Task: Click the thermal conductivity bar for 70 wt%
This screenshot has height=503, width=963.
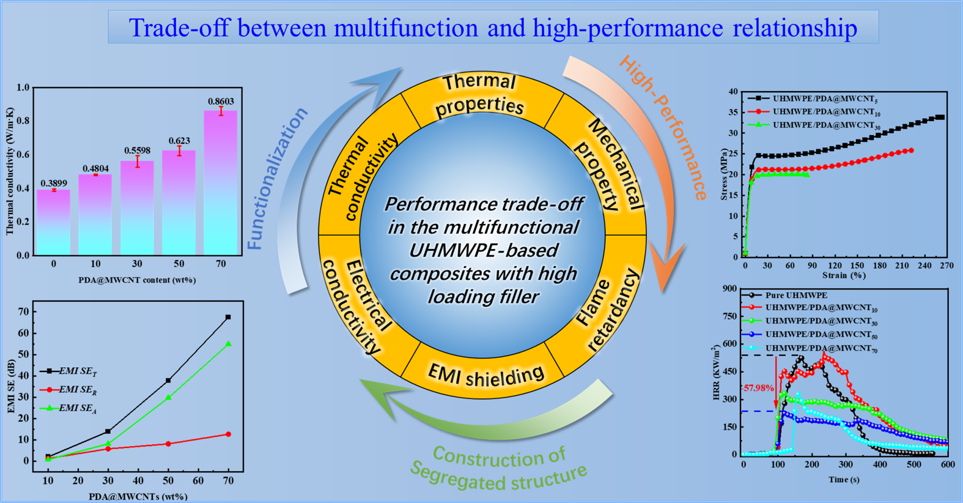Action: click(x=220, y=182)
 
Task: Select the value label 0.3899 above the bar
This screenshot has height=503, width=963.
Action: click(x=54, y=184)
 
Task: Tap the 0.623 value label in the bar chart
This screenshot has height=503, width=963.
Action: click(x=179, y=141)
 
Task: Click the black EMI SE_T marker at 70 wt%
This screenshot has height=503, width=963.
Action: click(x=228, y=317)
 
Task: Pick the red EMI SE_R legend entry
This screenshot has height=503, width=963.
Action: click(x=68, y=390)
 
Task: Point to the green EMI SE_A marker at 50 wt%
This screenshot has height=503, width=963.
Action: click(x=168, y=398)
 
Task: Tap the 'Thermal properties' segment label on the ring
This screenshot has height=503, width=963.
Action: click(x=480, y=95)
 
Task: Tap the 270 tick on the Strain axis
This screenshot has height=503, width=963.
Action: click(x=946, y=266)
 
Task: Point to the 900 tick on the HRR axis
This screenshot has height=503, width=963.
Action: click(x=729, y=288)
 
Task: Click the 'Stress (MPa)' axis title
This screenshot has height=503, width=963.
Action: click(x=725, y=174)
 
